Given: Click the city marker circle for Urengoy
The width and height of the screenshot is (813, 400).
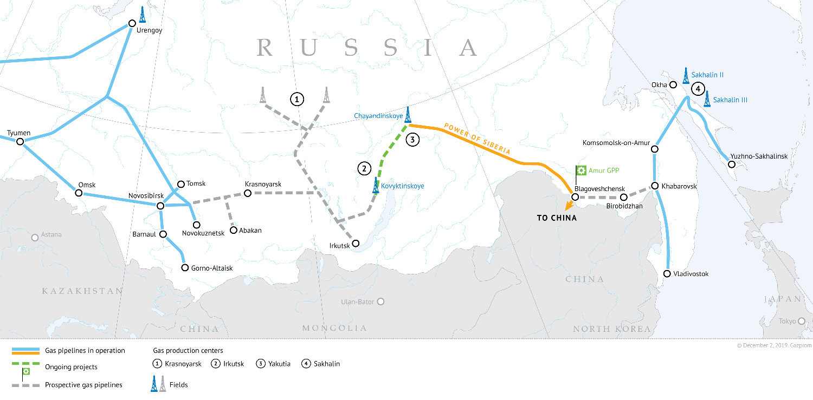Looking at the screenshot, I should [132, 23].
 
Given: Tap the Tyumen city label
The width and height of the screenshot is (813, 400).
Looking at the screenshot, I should [19, 133].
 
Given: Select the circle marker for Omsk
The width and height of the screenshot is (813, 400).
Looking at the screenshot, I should [79, 193].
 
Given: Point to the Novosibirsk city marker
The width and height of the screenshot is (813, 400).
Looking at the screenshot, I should [160, 206].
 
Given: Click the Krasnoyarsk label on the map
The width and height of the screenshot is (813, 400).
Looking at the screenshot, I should [263, 185].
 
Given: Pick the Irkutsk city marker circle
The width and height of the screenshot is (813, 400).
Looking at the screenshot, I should [356, 244].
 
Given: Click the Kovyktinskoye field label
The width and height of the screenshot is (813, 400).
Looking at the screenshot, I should [403, 186].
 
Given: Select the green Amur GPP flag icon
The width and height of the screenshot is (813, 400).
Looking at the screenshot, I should [580, 171].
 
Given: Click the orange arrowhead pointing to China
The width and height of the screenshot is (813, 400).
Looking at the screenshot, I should [567, 207].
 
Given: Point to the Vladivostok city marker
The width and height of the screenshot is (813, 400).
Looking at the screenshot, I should [667, 273].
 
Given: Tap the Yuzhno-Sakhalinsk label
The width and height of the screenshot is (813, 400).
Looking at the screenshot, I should [759, 156].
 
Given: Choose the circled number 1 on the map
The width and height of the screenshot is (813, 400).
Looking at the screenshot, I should [296, 99].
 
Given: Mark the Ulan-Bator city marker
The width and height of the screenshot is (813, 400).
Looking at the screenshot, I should [381, 301].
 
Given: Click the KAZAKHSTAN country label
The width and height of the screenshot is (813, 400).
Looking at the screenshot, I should [83, 291].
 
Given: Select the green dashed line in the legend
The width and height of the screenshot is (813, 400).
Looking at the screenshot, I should [25, 366].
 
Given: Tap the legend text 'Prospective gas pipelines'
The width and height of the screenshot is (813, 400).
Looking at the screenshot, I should [83, 385].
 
